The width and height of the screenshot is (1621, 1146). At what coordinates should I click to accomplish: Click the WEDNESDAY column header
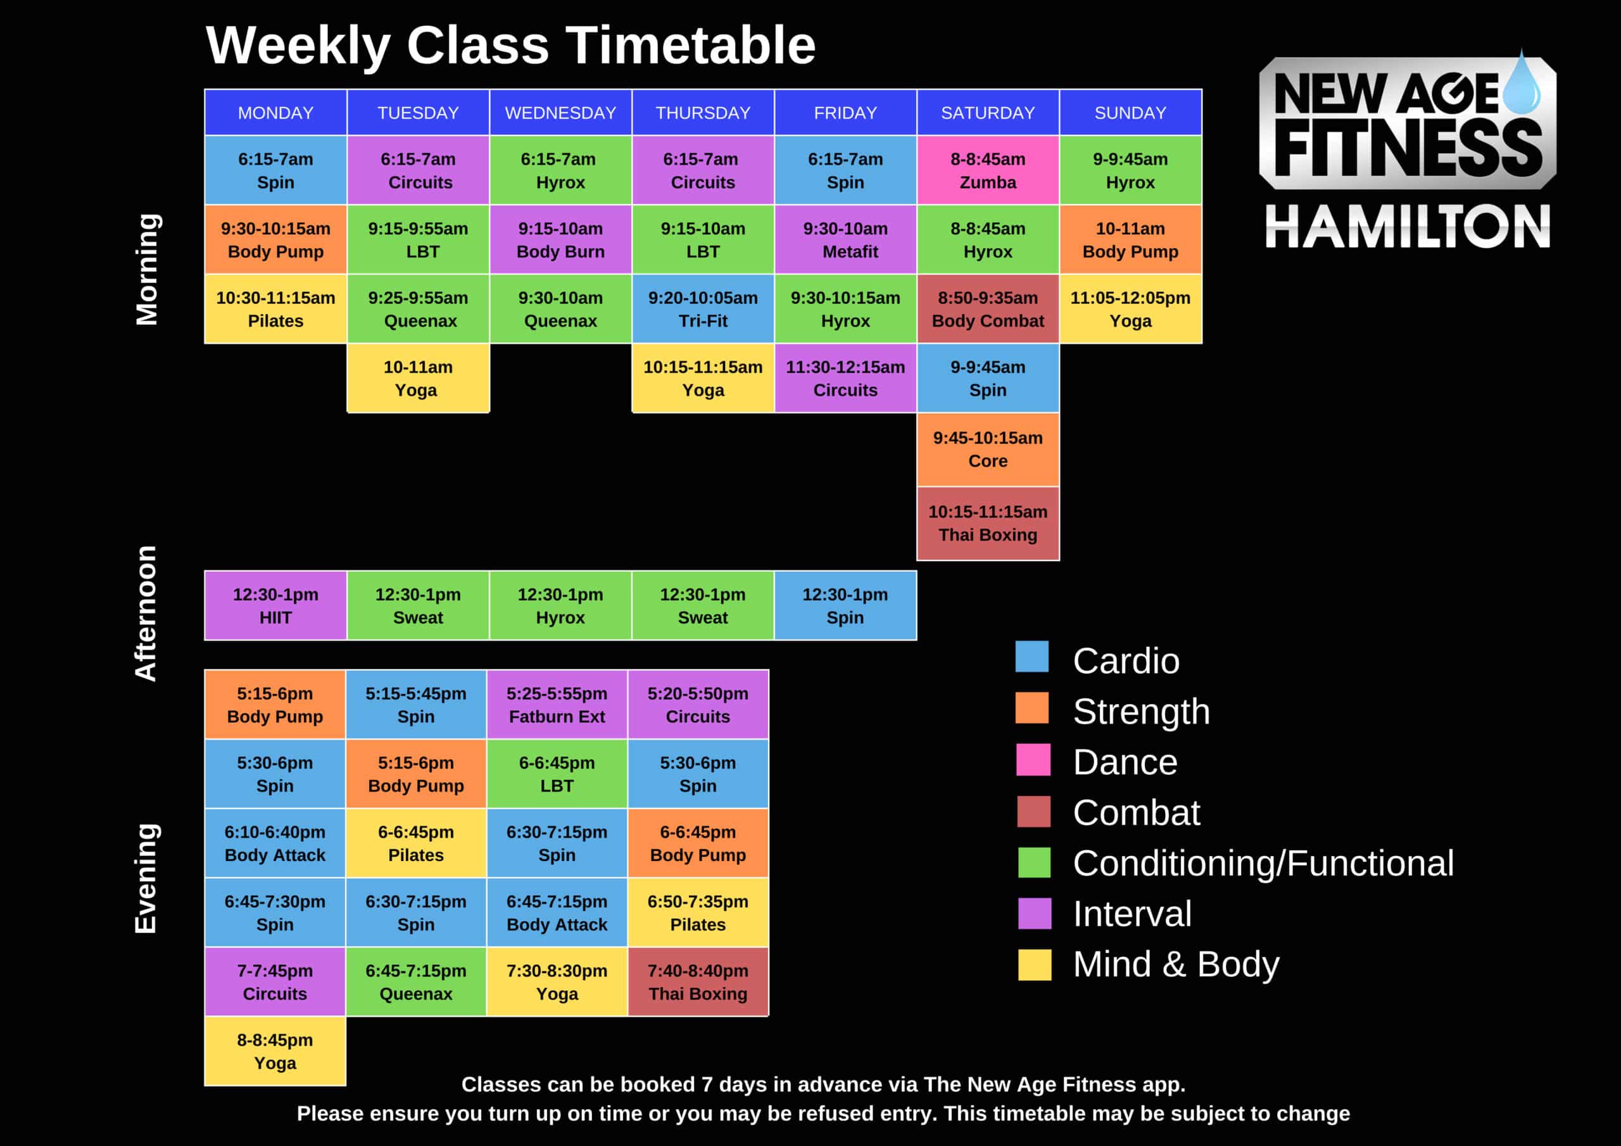560,113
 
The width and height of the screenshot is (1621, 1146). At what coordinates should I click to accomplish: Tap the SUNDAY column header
1130,113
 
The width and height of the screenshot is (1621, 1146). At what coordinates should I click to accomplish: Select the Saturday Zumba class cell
988,170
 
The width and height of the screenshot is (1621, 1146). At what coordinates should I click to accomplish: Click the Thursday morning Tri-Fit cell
702,308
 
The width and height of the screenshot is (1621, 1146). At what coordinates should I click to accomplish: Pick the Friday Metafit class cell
845,239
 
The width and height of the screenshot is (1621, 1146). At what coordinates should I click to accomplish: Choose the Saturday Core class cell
988,449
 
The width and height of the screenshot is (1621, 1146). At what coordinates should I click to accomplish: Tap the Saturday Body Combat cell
988,308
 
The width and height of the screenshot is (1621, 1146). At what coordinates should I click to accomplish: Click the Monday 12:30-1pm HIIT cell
275,605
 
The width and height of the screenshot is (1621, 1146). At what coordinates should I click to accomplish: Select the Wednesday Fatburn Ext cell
557,704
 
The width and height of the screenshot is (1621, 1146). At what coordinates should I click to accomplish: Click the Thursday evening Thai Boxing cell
698,981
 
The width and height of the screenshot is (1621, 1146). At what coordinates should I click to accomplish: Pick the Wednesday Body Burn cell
560,239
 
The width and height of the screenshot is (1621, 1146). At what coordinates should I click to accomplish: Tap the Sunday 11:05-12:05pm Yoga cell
1130,308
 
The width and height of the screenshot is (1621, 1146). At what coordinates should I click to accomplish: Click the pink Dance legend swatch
1033,760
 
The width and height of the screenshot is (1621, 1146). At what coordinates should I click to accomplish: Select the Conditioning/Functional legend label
1263,863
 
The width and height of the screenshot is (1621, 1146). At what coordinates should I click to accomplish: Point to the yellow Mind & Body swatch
1034,964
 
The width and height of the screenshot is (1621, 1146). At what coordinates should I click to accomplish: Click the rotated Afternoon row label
146,613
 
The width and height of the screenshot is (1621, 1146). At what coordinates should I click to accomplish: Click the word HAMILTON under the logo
1407,227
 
